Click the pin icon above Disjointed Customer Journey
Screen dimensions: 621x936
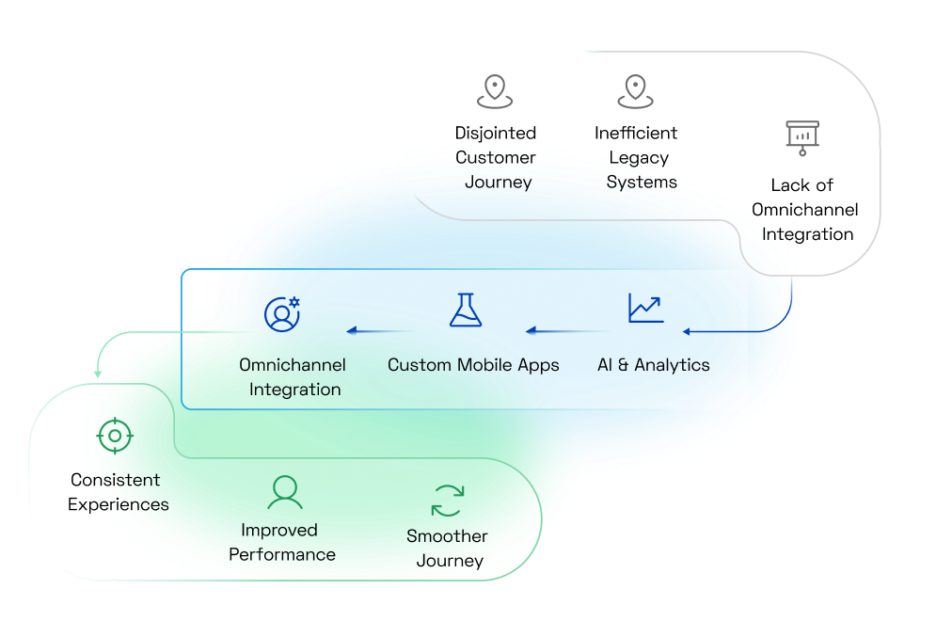[x=495, y=91]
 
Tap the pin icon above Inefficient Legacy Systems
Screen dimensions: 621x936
[x=636, y=91]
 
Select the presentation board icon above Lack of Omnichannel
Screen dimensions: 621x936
[x=802, y=137]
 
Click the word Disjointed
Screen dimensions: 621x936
[x=496, y=133]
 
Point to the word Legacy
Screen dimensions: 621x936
[x=639, y=157]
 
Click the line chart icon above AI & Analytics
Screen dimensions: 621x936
[x=645, y=309]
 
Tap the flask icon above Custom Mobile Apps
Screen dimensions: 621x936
[x=466, y=310]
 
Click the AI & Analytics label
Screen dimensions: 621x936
[x=654, y=364]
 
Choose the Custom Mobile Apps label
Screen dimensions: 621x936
[x=473, y=364]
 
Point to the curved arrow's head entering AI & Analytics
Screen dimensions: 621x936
[x=688, y=331]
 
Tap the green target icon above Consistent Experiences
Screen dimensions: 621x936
[x=115, y=436]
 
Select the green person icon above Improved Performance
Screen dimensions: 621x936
[x=283, y=491]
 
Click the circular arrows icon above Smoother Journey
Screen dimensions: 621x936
[x=448, y=500]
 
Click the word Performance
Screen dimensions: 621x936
[x=282, y=554]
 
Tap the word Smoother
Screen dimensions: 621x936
[x=447, y=536]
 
